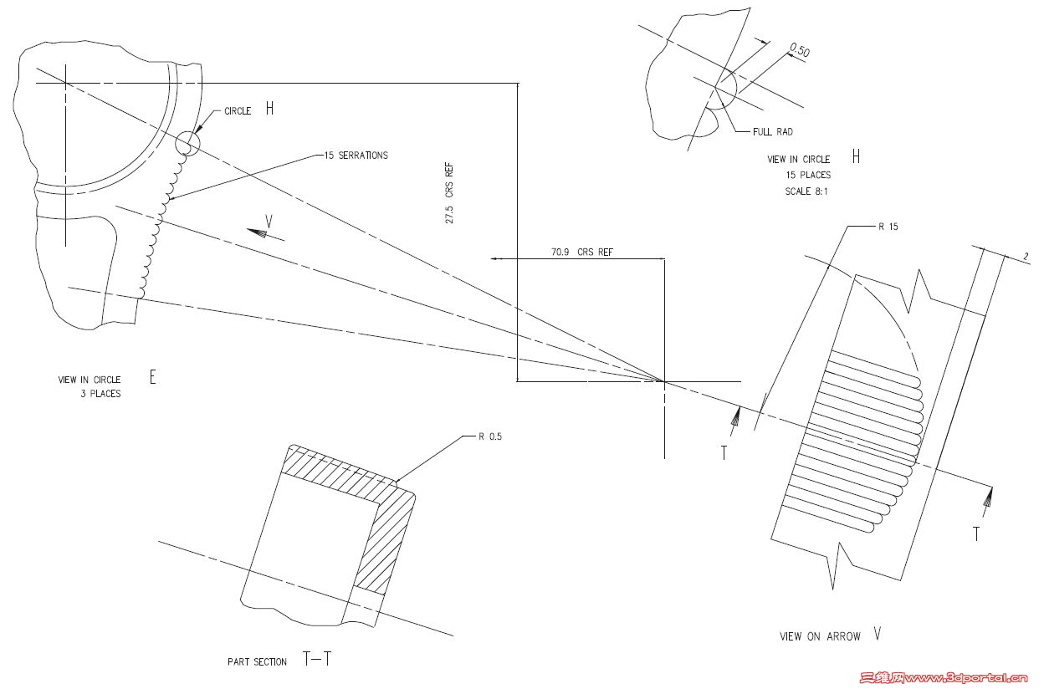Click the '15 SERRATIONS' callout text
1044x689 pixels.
(x=355, y=156)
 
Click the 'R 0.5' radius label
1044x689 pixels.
(x=490, y=436)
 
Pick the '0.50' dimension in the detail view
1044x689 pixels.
(x=800, y=51)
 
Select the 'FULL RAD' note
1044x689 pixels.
(x=773, y=131)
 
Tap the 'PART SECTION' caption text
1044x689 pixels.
(x=257, y=661)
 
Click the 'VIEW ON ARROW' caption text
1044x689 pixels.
(x=820, y=636)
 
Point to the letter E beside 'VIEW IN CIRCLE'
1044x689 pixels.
(x=152, y=377)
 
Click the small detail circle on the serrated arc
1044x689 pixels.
(x=187, y=143)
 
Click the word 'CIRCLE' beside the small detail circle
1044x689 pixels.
(x=237, y=111)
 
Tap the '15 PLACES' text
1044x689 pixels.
(x=808, y=175)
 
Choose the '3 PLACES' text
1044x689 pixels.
(x=100, y=394)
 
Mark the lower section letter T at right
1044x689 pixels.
(x=975, y=533)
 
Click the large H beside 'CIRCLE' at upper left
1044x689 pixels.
(x=269, y=108)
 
